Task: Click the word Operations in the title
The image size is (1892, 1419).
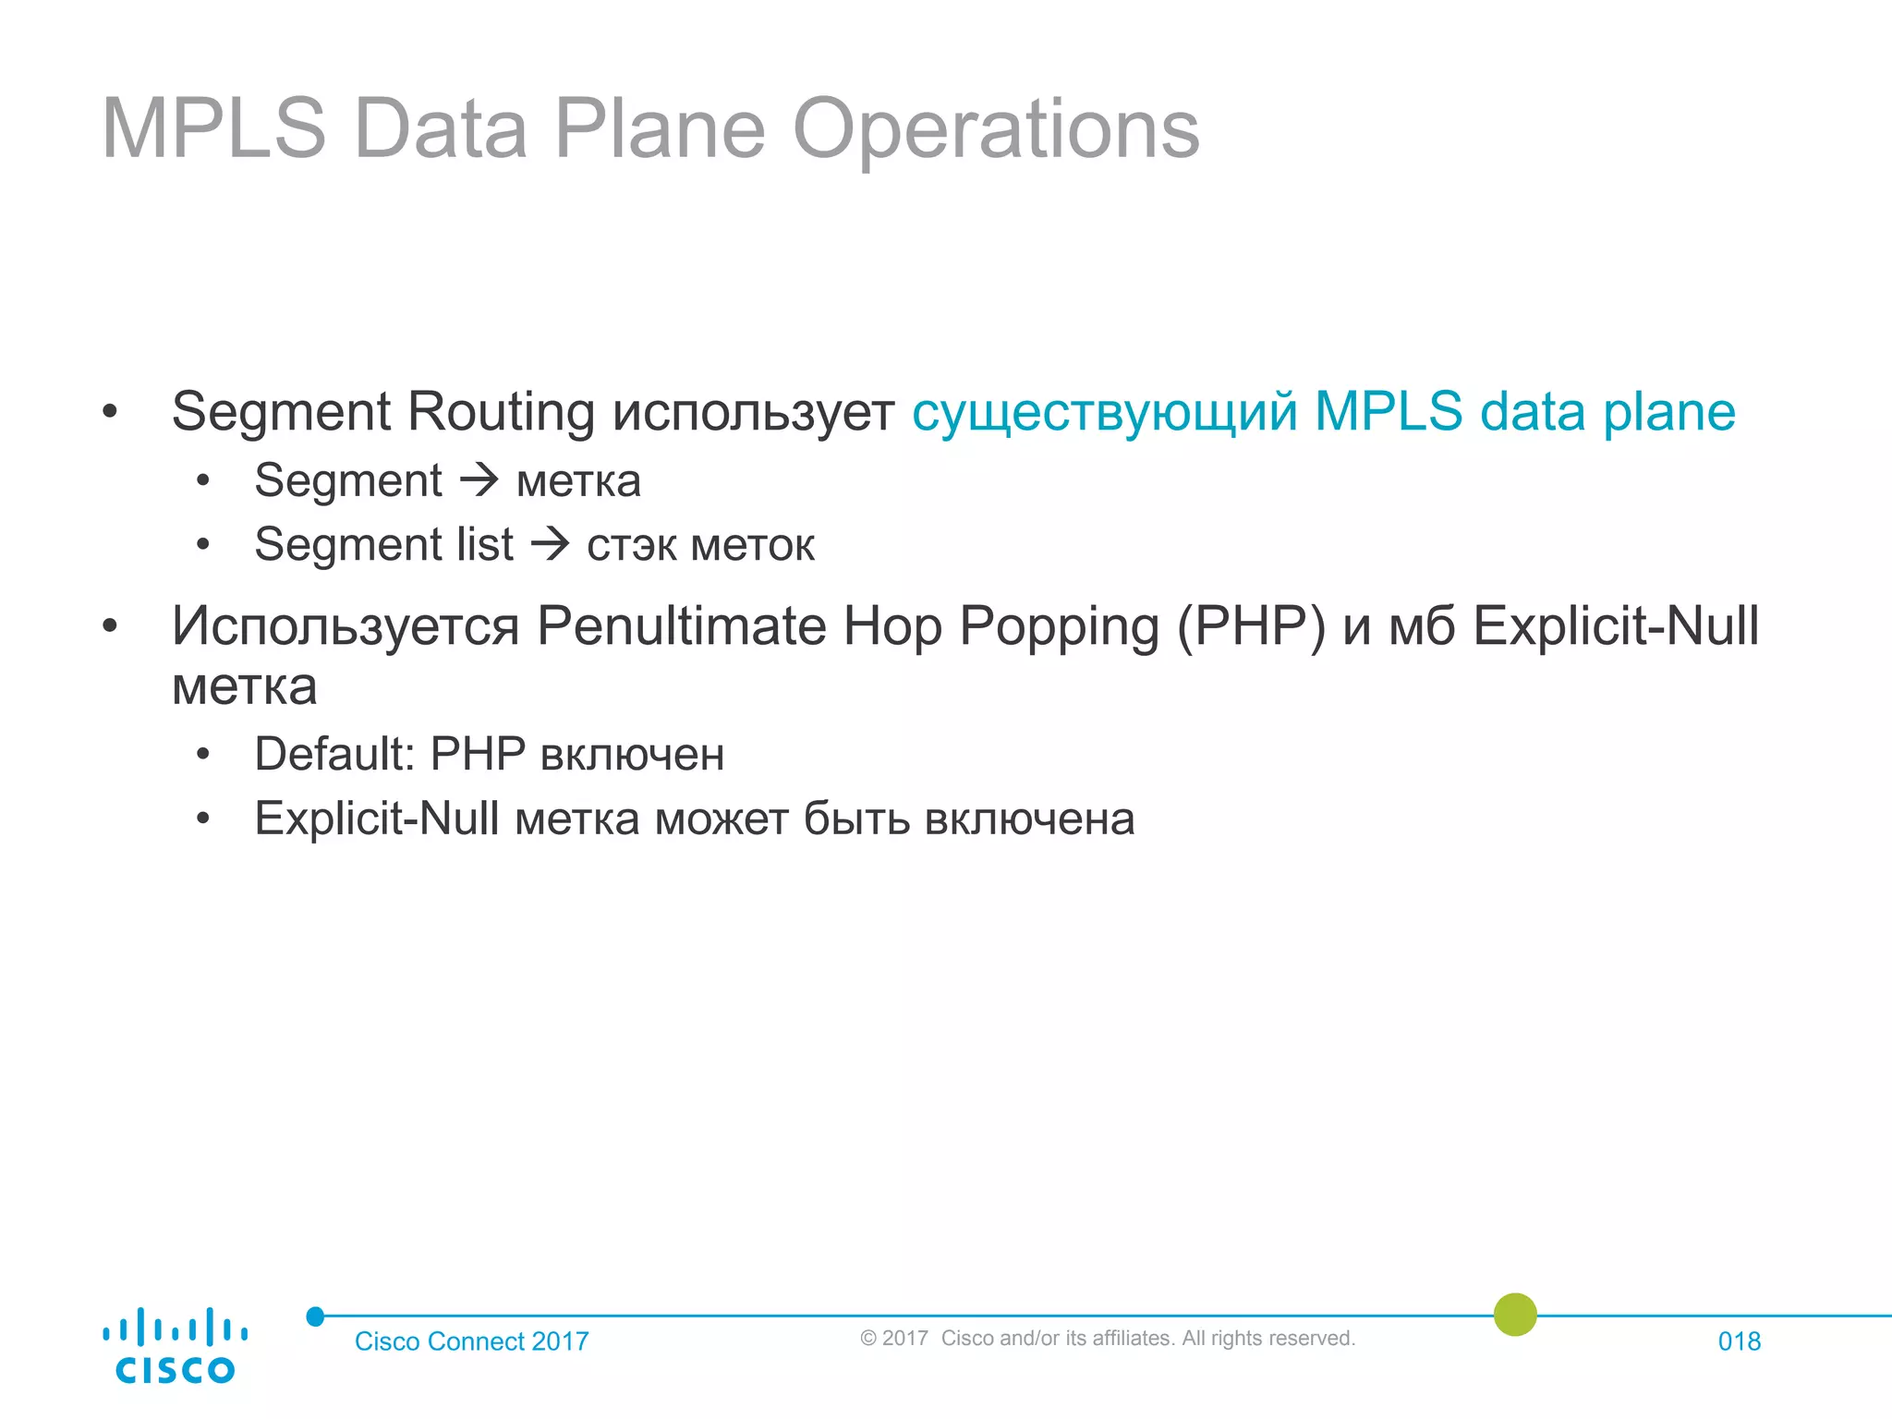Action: [995, 129]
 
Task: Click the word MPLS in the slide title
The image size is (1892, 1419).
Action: [213, 129]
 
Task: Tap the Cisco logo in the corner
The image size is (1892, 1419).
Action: [175, 1346]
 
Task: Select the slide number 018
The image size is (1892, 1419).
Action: [1739, 1341]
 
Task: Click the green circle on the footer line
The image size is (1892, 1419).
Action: [1515, 1315]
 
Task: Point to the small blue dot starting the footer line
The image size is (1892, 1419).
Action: [315, 1316]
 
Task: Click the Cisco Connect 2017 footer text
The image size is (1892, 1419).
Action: [471, 1341]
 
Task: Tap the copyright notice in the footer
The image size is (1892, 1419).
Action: [1107, 1339]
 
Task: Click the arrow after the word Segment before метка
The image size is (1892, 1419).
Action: [479, 479]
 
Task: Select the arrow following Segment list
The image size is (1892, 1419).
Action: [551, 543]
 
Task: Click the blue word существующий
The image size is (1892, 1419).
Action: [1104, 412]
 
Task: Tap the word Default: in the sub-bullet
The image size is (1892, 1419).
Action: [334, 754]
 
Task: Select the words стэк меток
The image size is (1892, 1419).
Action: [700, 545]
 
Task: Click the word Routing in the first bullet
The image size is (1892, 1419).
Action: [501, 412]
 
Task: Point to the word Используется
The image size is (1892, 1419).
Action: [346, 626]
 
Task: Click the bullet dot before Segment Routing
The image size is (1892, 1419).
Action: [110, 412]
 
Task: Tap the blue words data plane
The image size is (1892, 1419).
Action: [1607, 412]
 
